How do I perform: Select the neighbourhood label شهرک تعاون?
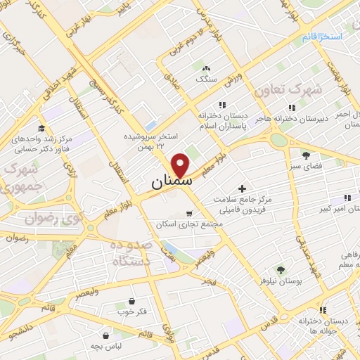(x=318, y=90)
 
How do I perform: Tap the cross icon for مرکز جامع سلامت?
(x=243, y=188)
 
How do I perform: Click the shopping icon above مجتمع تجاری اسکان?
(x=188, y=213)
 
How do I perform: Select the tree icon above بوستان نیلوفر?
(x=280, y=269)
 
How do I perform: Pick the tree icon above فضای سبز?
(x=306, y=155)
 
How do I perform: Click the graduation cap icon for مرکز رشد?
(x=41, y=128)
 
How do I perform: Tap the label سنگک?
(x=206, y=79)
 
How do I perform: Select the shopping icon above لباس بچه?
(x=105, y=335)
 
